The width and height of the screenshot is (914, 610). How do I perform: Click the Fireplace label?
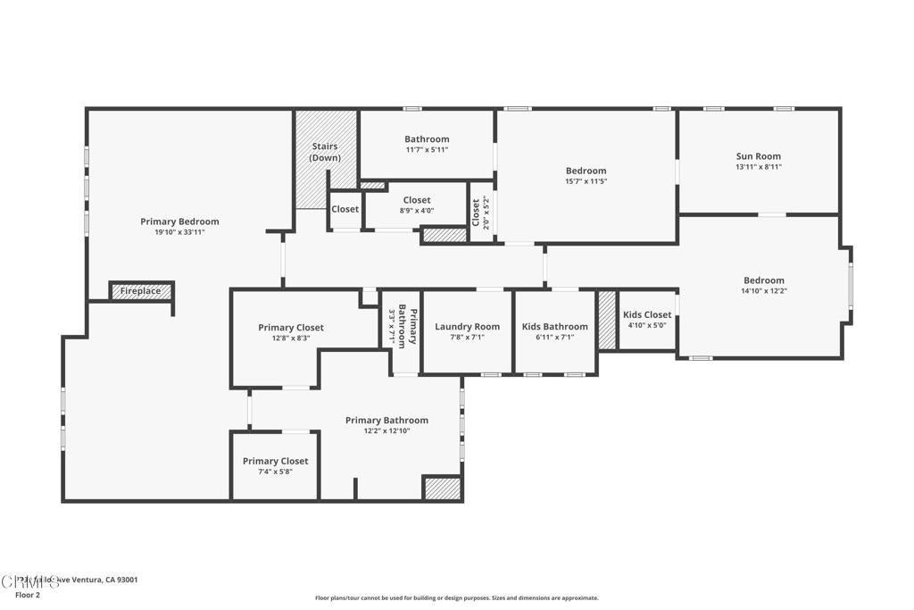coord(141,291)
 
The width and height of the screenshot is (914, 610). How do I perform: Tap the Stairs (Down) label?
coord(325,152)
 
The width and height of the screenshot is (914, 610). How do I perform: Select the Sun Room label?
coord(758,156)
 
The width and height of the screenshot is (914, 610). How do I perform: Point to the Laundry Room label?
coord(467,327)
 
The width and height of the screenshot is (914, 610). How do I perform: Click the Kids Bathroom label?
coord(554,327)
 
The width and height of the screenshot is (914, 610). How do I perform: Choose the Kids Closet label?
coord(647,315)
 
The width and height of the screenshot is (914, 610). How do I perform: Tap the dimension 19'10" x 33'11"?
coord(179,232)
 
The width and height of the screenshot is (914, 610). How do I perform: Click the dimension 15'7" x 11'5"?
coord(586,181)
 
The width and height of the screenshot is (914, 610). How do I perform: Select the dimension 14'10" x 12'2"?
coord(763,290)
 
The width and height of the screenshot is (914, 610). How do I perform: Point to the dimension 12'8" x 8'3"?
coord(291,338)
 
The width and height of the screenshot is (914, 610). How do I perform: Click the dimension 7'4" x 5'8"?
coord(275,472)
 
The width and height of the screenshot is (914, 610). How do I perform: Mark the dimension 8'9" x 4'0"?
coord(417,211)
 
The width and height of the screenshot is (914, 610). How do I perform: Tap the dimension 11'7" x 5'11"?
coord(427,150)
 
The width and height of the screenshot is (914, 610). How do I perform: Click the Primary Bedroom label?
coord(179,221)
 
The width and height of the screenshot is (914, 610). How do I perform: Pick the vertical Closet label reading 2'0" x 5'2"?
coord(480,212)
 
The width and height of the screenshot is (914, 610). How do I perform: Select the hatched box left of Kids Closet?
coord(607,320)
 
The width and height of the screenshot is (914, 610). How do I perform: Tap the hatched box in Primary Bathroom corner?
coord(442,489)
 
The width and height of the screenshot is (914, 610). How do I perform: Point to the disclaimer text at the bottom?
coord(456,598)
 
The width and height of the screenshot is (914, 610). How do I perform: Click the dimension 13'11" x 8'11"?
coord(758,167)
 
